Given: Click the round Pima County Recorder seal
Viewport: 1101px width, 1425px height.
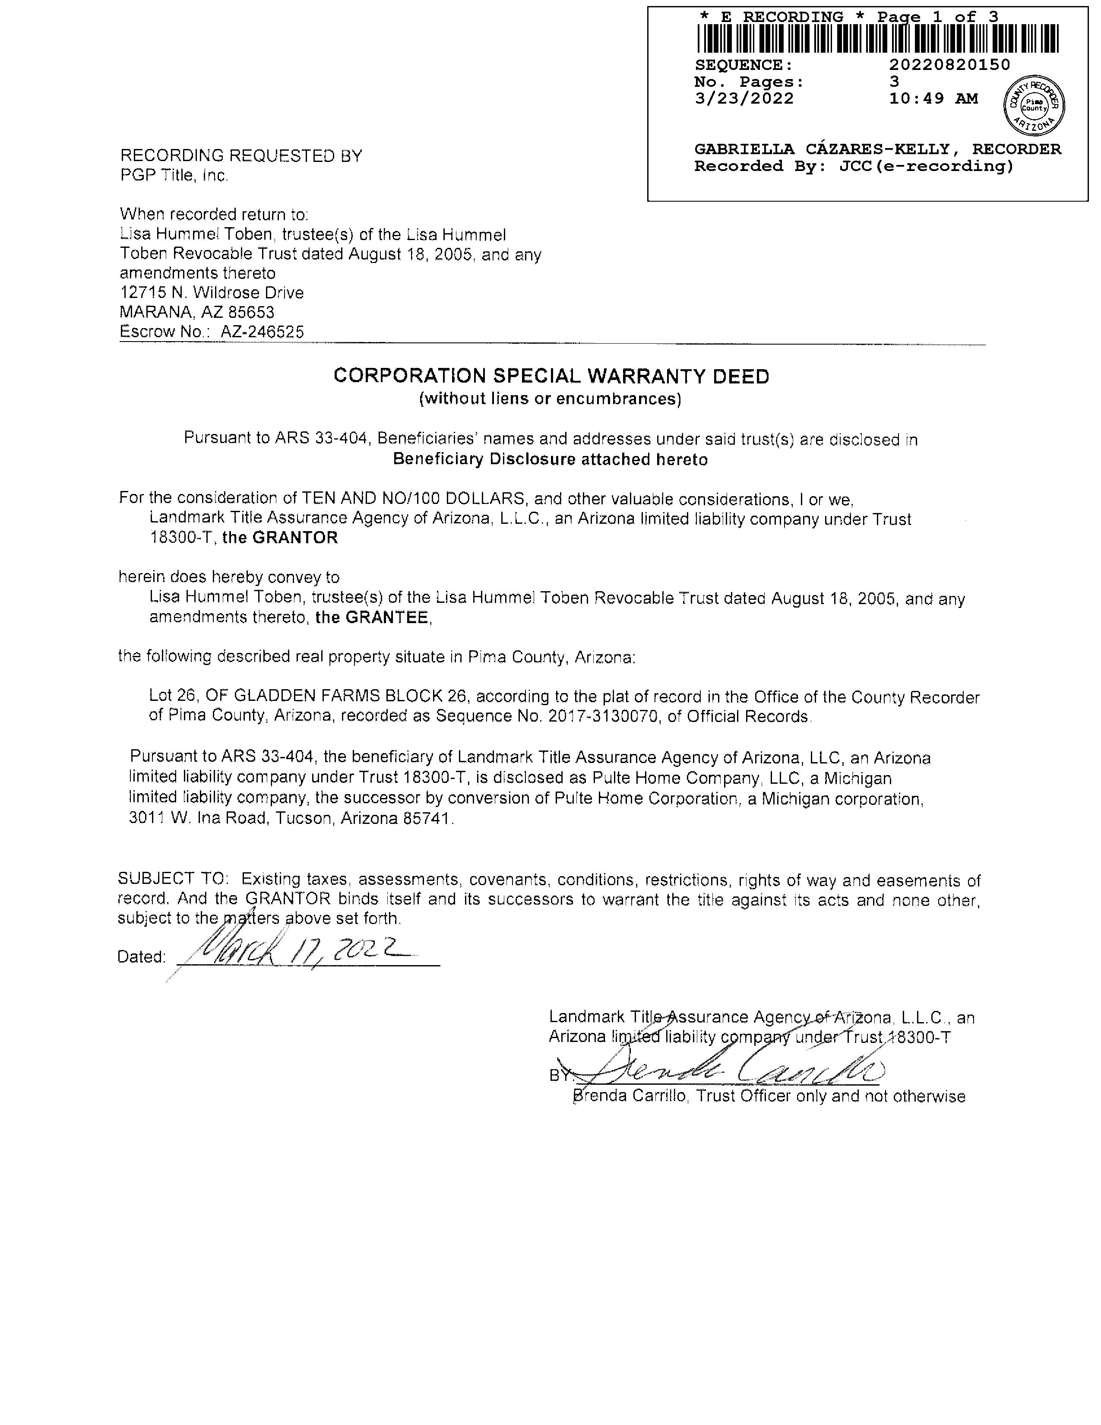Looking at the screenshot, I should click(x=1034, y=105).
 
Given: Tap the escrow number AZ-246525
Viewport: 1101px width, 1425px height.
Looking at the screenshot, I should click(x=262, y=332).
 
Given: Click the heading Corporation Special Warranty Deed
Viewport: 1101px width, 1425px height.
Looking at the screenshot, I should click(x=551, y=377).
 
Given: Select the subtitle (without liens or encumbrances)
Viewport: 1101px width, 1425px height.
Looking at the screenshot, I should click(x=550, y=399).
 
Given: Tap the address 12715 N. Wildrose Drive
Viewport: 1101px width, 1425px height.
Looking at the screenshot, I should click(x=212, y=293).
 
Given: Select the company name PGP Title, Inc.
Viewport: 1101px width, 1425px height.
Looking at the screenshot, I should click(x=174, y=175).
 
